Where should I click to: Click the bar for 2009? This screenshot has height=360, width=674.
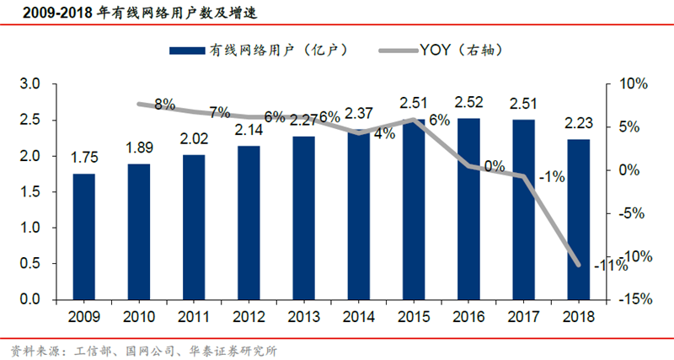(x=83, y=237)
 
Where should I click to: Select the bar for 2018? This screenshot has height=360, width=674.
(x=578, y=219)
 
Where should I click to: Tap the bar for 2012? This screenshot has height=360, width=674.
(x=249, y=223)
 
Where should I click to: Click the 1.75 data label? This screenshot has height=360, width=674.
(x=83, y=159)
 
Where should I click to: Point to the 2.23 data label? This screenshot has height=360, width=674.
(x=578, y=124)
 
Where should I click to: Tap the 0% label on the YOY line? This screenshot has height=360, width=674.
(x=495, y=166)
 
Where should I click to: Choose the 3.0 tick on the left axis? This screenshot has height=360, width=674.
(x=31, y=84)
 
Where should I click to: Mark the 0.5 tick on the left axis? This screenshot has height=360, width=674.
(x=31, y=264)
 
